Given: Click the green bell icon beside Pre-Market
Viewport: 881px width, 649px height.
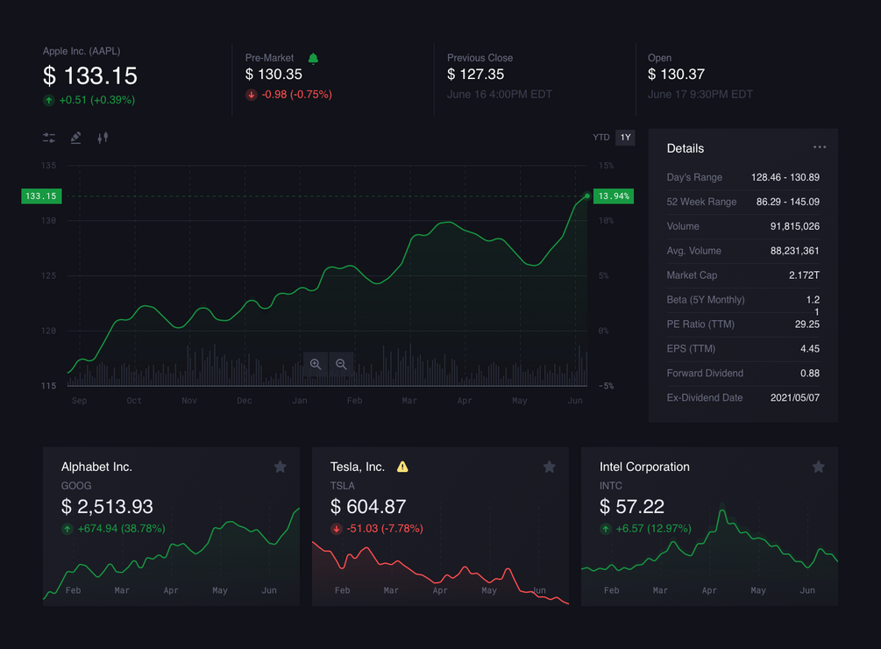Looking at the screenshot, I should (313, 58).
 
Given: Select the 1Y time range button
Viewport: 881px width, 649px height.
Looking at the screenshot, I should (625, 138).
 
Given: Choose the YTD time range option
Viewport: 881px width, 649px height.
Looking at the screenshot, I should (600, 138).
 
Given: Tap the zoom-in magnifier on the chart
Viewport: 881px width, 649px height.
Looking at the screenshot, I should (316, 364).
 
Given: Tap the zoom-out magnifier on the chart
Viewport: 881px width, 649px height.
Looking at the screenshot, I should (341, 364).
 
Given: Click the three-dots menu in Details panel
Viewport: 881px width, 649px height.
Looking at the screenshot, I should (820, 147).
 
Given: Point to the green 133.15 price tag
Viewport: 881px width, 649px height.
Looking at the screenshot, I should (41, 196).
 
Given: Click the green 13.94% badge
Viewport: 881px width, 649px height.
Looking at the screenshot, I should (613, 196).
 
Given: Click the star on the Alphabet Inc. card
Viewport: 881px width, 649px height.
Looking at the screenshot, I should (281, 467).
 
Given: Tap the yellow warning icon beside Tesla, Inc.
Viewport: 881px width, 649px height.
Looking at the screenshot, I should (402, 467).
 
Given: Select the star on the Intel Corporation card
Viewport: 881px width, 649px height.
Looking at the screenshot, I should (819, 467).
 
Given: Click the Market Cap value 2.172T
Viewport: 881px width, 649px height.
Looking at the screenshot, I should (804, 275).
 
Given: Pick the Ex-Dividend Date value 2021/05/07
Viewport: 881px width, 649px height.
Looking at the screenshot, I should (794, 398).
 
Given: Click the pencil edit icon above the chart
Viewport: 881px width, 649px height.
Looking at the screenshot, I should (76, 138).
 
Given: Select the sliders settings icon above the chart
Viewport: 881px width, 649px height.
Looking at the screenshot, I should (49, 138).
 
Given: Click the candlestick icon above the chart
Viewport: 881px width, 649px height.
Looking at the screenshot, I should (103, 138).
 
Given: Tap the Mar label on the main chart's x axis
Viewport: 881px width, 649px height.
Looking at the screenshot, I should (409, 401).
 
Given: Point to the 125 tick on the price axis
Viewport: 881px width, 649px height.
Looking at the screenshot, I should (49, 275).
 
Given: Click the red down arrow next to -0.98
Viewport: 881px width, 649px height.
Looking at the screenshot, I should (252, 95).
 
